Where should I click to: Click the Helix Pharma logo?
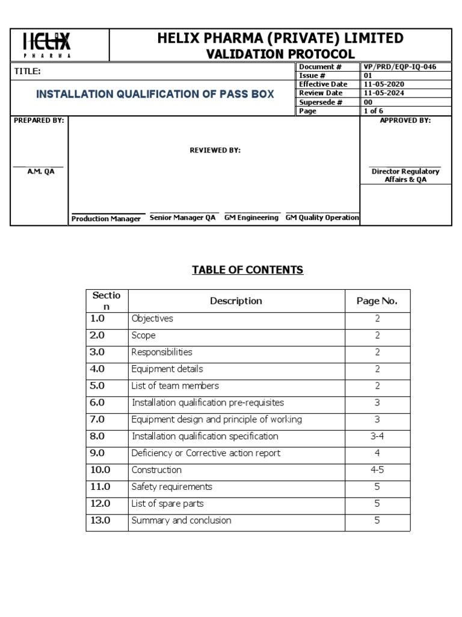[46, 44]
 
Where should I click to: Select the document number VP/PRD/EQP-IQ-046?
[399, 67]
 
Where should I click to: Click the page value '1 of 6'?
[373, 111]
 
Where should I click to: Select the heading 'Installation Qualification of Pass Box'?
[155, 94]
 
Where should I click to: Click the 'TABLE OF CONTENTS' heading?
[247, 270]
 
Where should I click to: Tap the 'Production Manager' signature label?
[106, 219]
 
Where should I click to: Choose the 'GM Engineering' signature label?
[251, 218]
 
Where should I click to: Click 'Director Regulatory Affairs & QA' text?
[405, 175]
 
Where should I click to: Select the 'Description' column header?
[236, 301]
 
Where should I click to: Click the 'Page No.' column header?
[377, 301]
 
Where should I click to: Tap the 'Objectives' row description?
[152, 318]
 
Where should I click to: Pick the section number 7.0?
[97, 419]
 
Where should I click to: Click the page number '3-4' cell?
[377, 436]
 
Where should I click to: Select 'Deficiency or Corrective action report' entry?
[206, 453]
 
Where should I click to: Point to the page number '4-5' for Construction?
[377, 470]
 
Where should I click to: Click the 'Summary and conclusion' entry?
[181, 521]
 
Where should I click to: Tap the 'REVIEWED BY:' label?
[215, 151]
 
